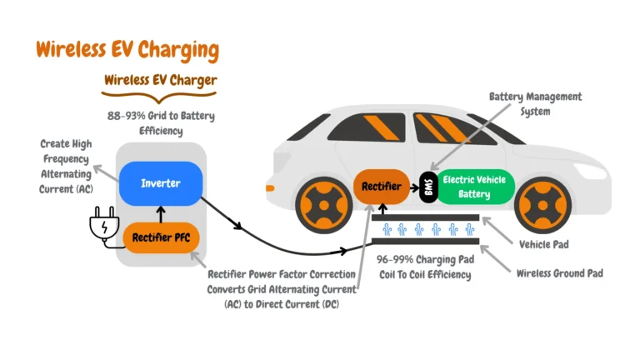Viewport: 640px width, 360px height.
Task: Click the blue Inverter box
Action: [x=161, y=182]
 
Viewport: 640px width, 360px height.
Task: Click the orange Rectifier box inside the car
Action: [x=382, y=186]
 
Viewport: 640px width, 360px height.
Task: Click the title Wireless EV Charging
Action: [x=127, y=49]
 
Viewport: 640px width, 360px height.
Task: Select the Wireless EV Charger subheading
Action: [x=161, y=81]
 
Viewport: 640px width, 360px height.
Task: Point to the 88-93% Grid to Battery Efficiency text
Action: [x=161, y=123]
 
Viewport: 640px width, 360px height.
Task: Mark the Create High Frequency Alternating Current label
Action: [x=66, y=167]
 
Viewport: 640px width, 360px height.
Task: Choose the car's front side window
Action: [x=451, y=130]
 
